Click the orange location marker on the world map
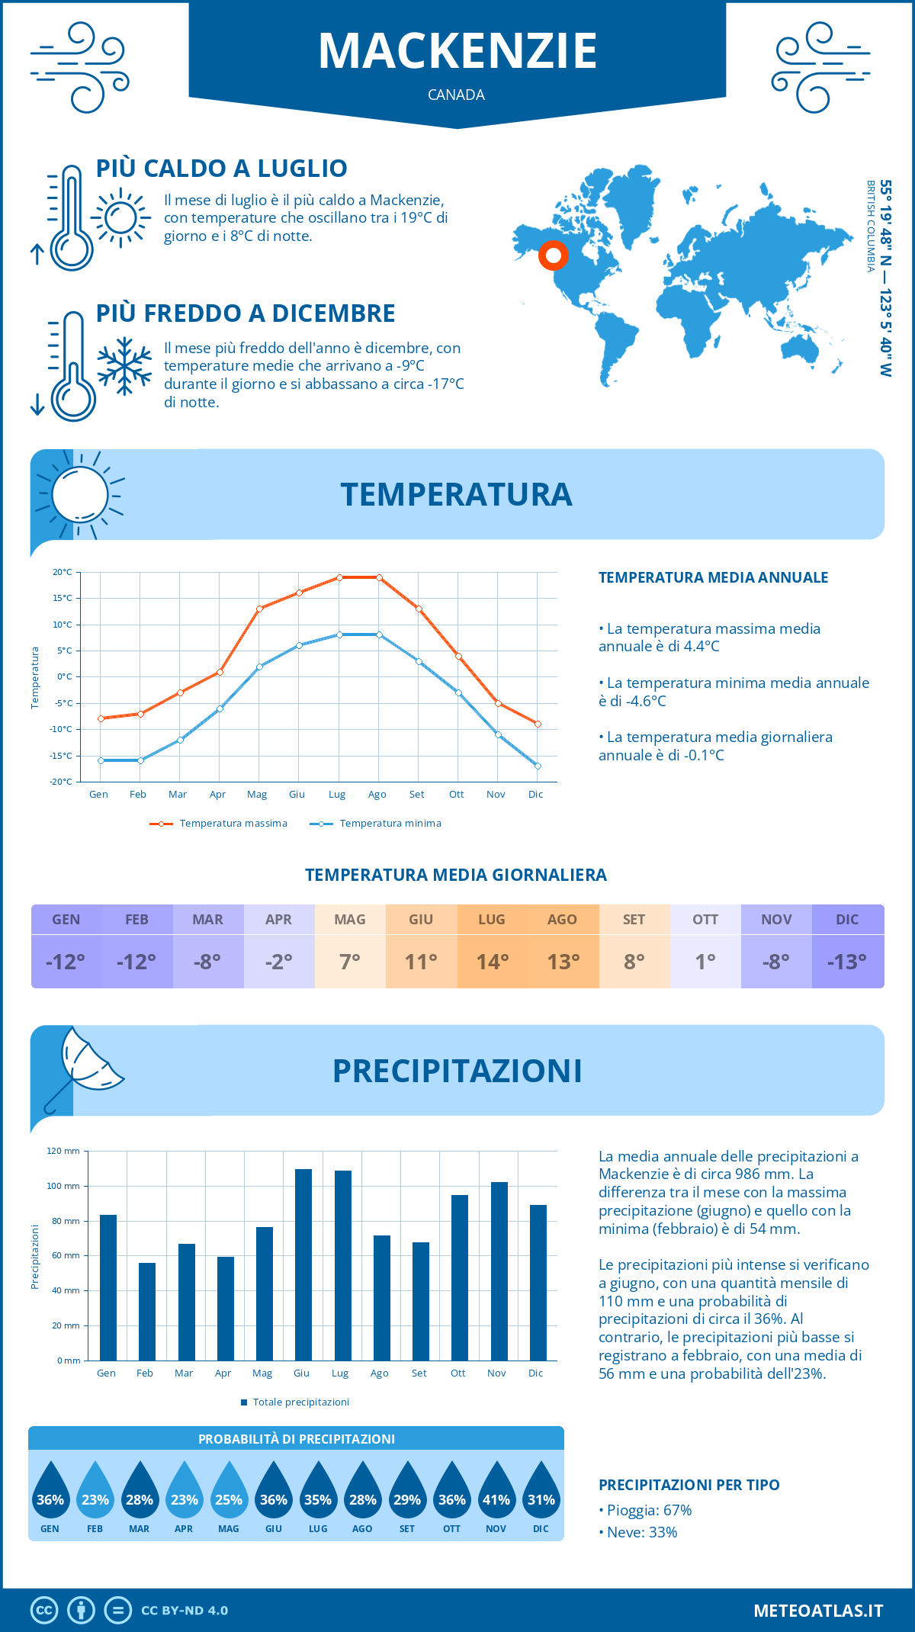pyautogui.click(x=553, y=255)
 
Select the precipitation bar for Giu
pyautogui.click(x=303, y=1264)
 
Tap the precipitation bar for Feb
pyautogui.click(x=147, y=1312)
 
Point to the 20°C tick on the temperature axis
pyautogui.click(x=63, y=572)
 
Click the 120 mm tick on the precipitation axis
pyautogui.click(x=63, y=1151)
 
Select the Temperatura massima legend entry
pyautogui.click(x=219, y=824)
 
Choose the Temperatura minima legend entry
pyautogui.click(x=376, y=824)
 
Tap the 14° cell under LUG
pyautogui.click(x=492, y=962)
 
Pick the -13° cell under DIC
pyautogui.click(x=847, y=962)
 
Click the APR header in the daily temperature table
pyautogui.click(x=278, y=920)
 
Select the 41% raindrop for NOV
pyautogui.click(x=496, y=1493)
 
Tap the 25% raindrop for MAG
pyautogui.click(x=229, y=1493)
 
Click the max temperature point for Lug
pyautogui.click(x=339, y=577)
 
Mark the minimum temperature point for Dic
pyautogui.click(x=538, y=766)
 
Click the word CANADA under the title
pyautogui.click(x=456, y=95)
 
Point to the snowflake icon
pyautogui.click(x=124, y=366)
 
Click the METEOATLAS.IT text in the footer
pyautogui.click(x=818, y=1611)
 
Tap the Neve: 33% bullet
pyautogui.click(x=641, y=1532)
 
